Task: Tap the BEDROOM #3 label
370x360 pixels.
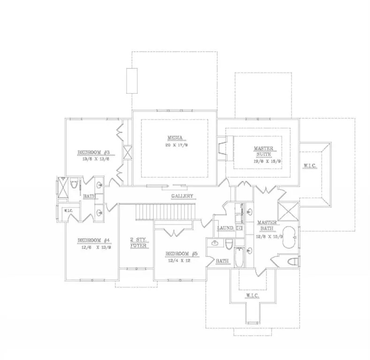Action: coord(93,152)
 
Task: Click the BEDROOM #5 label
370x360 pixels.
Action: coord(181,254)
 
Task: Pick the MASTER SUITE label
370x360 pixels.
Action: coord(263,151)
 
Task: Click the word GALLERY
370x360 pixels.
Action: coord(182,196)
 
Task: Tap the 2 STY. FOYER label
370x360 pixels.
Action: coord(138,242)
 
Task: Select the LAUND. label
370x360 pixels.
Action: coord(226,228)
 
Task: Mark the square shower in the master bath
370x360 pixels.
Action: coord(288,211)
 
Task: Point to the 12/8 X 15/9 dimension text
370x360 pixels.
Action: coord(269,237)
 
